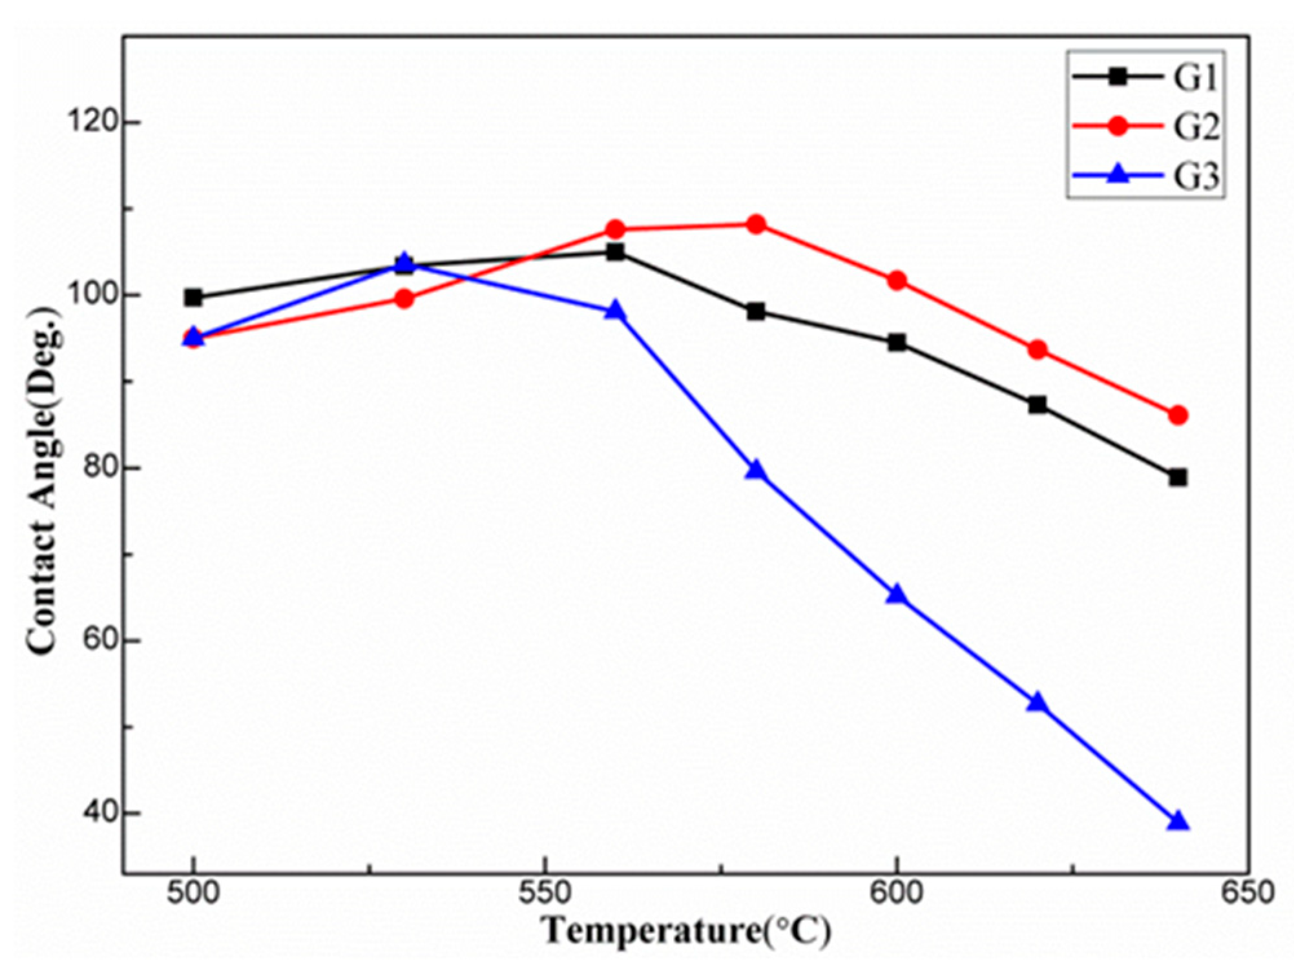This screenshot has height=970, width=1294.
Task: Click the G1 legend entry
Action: [x=1147, y=77]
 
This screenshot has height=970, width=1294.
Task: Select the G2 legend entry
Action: [x=1147, y=126]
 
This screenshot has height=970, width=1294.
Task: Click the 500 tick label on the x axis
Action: [x=193, y=893]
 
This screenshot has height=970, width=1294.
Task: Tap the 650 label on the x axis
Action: [x=1247, y=893]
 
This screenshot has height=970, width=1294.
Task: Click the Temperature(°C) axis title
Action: [x=687, y=931]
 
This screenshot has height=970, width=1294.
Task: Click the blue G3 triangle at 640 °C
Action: [x=1178, y=821]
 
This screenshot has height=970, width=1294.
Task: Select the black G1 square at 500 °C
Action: [x=193, y=298]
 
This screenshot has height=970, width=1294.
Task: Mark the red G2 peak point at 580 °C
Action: [x=756, y=225]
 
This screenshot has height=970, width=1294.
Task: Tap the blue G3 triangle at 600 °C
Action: [x=897, y=595]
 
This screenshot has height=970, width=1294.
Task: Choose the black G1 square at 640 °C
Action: [x=1178, y=478]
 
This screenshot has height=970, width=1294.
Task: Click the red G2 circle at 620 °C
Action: [x=1038, y=350]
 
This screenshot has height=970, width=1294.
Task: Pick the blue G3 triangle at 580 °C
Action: [x=756, y=470]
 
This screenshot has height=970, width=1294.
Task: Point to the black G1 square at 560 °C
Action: [x=615, y=252]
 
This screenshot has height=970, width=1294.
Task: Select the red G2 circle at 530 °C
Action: [x=404, y=299]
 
